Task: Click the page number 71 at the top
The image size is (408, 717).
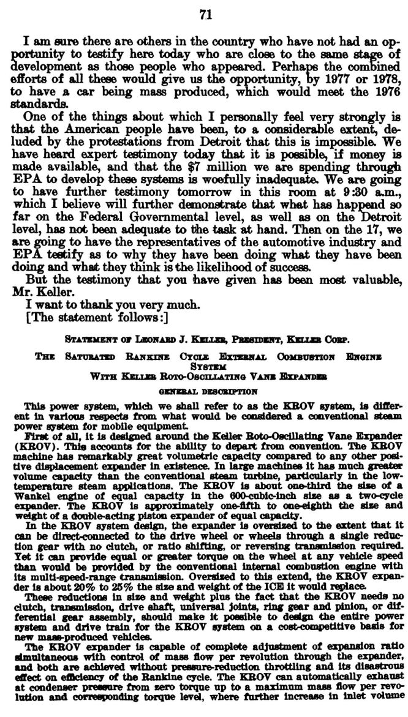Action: pyautogui.click(x=205, y=16)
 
